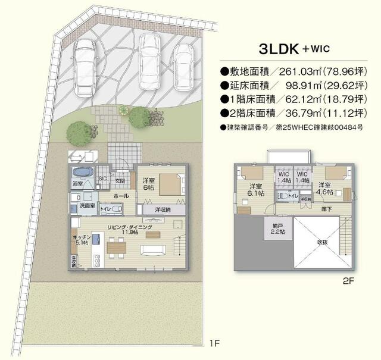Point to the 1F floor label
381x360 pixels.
coord(215,343)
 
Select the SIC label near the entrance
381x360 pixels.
coord(102,178)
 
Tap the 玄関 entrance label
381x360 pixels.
coord(120,181)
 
